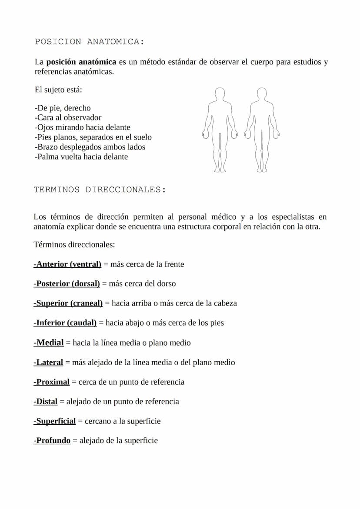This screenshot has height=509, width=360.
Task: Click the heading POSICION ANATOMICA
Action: (89, 42)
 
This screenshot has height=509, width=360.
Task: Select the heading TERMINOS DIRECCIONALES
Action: (100, 190)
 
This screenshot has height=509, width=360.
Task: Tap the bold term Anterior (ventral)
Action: (67, 264)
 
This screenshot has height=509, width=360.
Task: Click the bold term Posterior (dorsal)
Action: (67, 284)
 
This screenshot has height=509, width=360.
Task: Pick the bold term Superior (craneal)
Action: (68, 303)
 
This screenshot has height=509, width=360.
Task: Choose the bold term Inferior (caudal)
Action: (65, 323)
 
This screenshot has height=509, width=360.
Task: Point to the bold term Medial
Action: (49, 343)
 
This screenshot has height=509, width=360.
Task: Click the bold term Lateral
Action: (48, 362)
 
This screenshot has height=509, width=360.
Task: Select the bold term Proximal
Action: (51, 382)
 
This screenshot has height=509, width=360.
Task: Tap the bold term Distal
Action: (46, 402)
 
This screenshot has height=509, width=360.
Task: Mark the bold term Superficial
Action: (55, 421)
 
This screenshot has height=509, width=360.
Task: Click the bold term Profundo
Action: (52, 441)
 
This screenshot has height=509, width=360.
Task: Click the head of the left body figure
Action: (220, 93)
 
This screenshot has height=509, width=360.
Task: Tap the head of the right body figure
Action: (261, 93)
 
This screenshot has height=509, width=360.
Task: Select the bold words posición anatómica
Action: (81, 62)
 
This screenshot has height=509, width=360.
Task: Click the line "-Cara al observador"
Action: (68, 117)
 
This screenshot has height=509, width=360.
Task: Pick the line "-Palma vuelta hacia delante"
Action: (81, 156)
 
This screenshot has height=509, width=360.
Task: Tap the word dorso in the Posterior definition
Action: (166, 284)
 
